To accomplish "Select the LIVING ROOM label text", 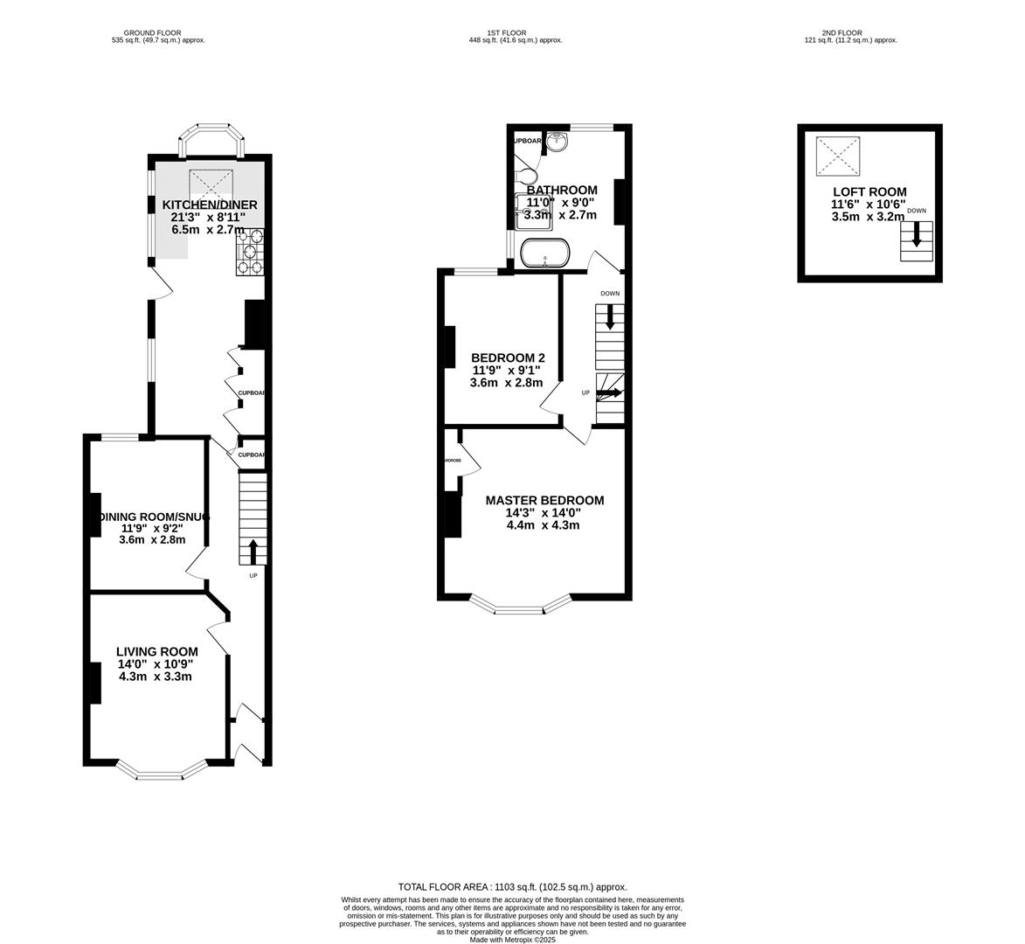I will coord(157,652).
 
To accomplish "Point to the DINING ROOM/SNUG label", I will coord(154,517).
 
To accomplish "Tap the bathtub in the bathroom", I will coord(545,254).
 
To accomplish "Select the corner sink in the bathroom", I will coord(558,142).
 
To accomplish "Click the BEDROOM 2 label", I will coord(508,358).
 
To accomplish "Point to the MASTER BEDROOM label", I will coord(544,501).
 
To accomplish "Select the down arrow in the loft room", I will coord(917,234).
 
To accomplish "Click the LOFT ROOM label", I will coord(869,192).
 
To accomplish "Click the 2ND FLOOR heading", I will coord(849,33).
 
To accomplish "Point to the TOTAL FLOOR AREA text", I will coord(512,886).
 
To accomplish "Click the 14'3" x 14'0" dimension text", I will coord(544,513).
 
